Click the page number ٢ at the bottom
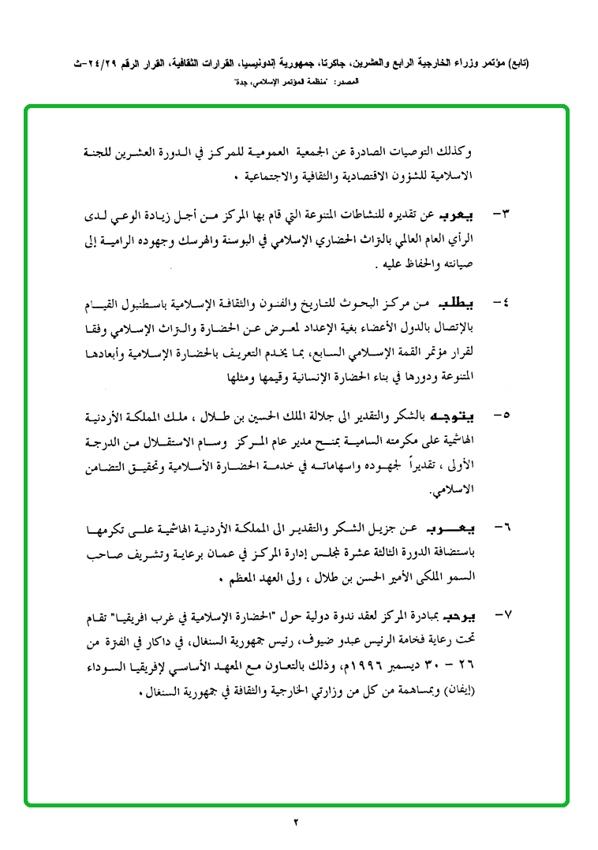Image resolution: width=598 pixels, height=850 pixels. tap(297, 823)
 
